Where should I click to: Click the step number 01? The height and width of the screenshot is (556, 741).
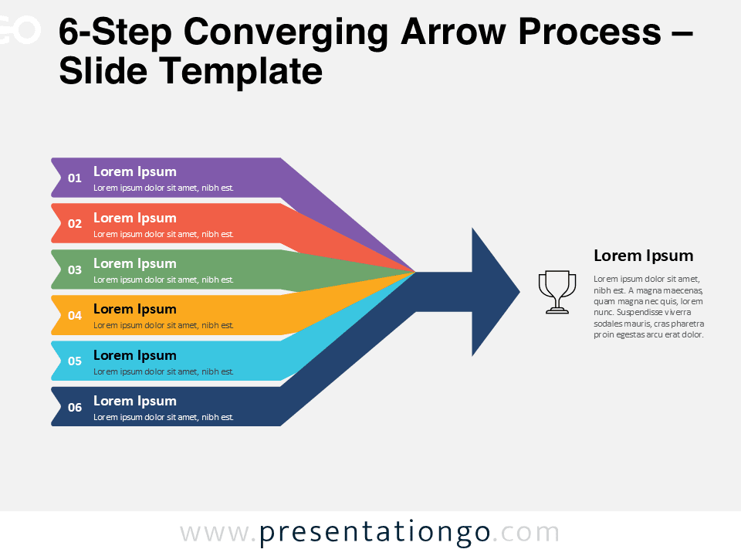[x=75, y=178]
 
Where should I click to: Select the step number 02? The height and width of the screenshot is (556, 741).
[x=75, y=224]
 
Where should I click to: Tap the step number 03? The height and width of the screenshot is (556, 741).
[x=75, y=270]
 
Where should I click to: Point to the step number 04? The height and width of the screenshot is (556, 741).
[x=75, y=316]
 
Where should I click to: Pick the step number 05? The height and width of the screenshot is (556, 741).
[x=75, y=361]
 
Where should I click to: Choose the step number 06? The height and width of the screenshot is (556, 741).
[x=75, y=408]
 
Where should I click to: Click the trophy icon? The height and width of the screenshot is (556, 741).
[x=557, y=292]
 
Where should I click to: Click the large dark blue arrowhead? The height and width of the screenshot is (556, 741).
[x=490, y=292]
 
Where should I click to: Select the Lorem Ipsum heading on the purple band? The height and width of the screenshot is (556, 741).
[x=135, y=171]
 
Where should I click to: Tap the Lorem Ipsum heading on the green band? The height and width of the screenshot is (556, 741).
[x=135, y=263]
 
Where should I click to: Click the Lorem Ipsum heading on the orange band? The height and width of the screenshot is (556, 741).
[x=135, y=309]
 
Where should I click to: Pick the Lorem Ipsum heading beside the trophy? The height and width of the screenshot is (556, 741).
[x=643, y=256]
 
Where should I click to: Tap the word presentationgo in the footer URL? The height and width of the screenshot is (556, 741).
[x=374, y=533]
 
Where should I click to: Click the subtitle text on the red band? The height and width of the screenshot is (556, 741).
[x=164, y=234]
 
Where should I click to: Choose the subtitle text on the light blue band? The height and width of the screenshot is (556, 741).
[x=164, y=371]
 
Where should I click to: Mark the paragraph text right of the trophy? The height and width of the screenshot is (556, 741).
[x=648, y=307]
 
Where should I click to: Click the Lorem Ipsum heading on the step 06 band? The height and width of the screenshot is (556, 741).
[x=135, y=401]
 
